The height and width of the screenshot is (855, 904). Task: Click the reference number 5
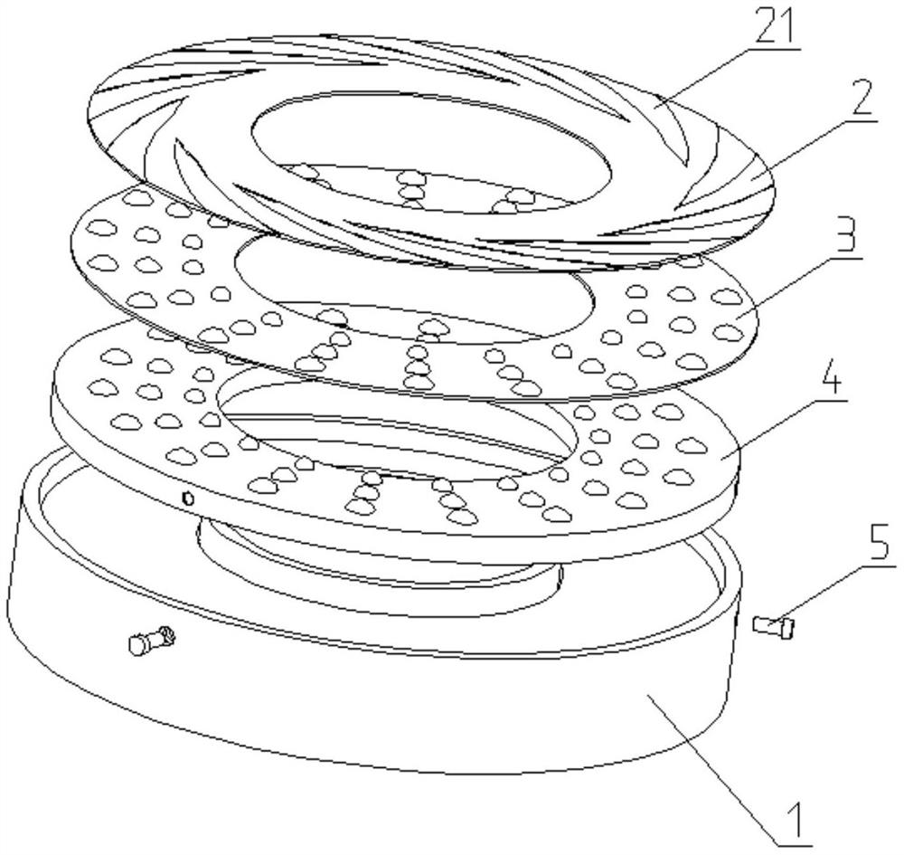pos(880,540)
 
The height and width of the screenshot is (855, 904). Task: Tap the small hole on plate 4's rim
pos(187,498)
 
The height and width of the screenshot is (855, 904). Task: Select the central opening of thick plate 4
pos(397,428)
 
